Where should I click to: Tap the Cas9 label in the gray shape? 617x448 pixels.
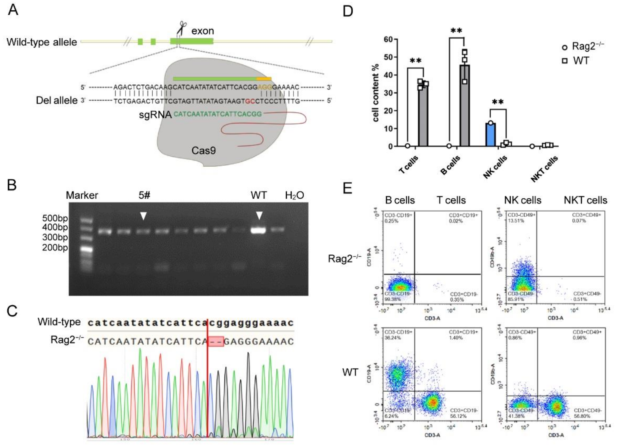click(204, 150)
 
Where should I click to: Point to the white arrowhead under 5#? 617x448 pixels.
click(143, 216)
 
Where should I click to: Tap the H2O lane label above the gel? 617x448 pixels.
click(294, 195)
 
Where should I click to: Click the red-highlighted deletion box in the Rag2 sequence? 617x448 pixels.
click(216, 342)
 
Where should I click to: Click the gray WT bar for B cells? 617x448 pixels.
click(465, 106)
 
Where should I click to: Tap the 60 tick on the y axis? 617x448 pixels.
click(389, 39)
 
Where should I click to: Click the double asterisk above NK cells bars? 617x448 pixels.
click(498, 102)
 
